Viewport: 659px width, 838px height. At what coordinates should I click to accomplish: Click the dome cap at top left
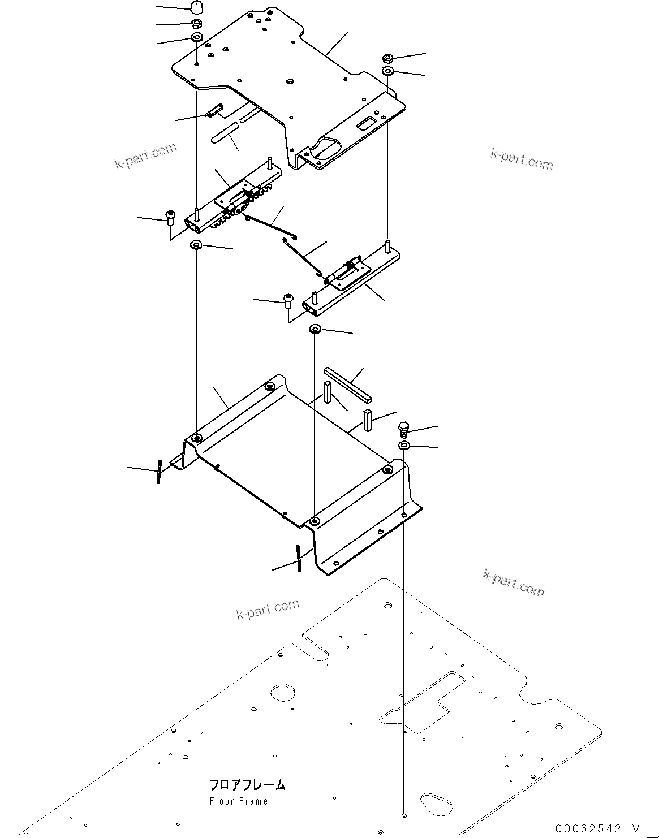(195, 8)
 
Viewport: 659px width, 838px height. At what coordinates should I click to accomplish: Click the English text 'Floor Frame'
(238, 801)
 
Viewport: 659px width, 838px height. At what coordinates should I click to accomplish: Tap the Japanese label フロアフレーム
(247, 785)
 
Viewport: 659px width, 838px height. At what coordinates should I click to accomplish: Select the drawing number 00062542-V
(597, 829)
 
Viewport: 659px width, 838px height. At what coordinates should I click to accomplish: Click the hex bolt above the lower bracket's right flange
(403, 428)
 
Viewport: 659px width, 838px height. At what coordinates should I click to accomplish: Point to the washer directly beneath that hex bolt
(404, 447)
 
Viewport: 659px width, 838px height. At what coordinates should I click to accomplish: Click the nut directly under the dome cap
(195, 24)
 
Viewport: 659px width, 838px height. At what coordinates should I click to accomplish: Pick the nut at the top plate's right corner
(387, 58)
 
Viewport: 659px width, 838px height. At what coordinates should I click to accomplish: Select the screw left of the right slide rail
(288, 299)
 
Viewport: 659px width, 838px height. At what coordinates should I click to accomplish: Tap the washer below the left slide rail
(196, 245)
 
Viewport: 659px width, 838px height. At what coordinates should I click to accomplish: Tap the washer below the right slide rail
(316, 329)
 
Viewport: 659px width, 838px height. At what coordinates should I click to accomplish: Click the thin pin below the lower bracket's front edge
(298, 558)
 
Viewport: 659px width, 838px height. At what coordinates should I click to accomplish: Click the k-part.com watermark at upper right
(522, 159)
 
